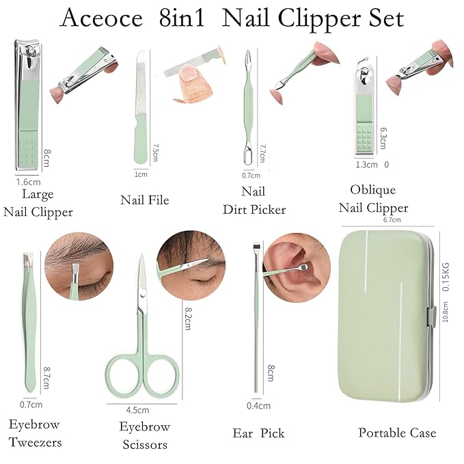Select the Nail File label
pos(144,200)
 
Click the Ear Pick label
pos(258,433)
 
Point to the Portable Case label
pos(397,433)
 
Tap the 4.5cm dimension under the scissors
pos(137,410)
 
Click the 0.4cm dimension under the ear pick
pos(258,406)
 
